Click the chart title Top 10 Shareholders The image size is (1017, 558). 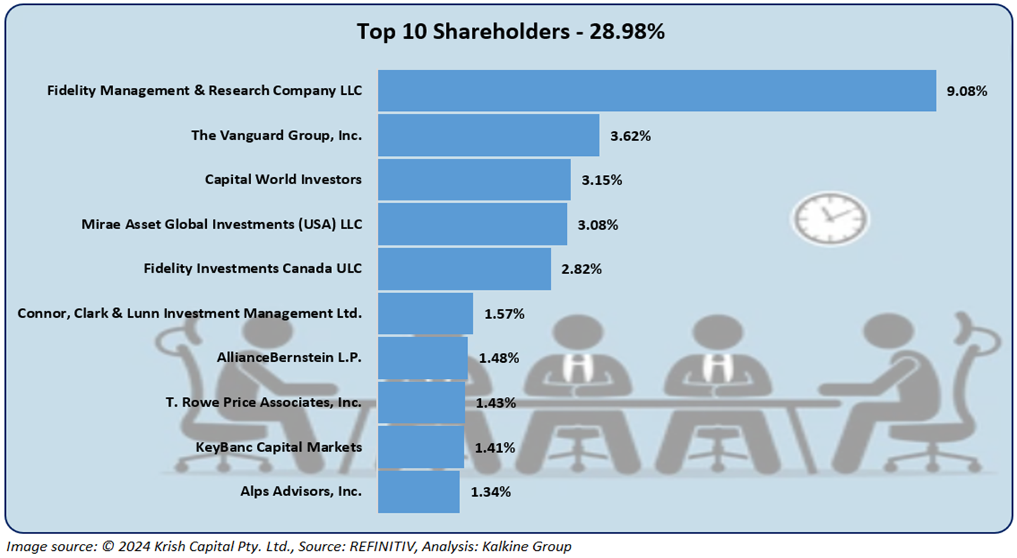tap(510, 32)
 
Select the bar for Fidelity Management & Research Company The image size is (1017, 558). tap(656, 91)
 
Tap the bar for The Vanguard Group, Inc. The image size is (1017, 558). tap(488, 135)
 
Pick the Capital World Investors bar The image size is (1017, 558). tap(473, 179)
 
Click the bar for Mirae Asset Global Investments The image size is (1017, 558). tap(472, 224)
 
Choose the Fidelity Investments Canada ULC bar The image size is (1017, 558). tap(464, 268)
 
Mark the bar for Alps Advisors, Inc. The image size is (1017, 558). tap(418, 491)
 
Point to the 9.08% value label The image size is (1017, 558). tap(966, 91)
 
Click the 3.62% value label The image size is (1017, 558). tap(630, 136)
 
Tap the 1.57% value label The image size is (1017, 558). tap(504, 313)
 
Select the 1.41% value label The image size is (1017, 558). tap(494, 447)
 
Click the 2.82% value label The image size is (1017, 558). tap(581, 269)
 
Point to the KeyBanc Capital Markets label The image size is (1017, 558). tap(279, 447)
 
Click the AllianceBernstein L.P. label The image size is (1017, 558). tap(289, 358)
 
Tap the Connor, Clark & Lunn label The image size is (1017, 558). tap(190, 313)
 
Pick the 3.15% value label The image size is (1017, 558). tap(601, 180)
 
